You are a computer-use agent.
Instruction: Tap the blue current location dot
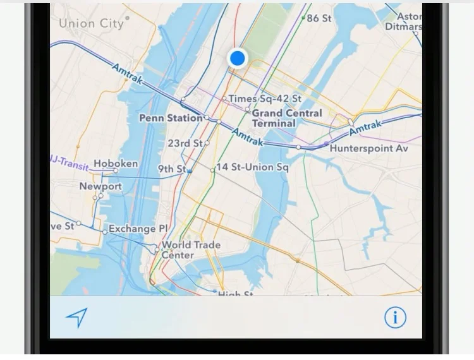[237, 58]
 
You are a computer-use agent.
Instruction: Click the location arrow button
[76, 318]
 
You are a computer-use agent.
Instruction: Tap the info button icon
[396, 317]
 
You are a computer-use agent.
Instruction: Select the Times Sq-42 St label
[264, 99]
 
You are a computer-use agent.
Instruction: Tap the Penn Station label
[170, 118]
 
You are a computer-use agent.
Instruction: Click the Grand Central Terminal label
[287, 118]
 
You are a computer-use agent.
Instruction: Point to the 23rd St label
[185, 143]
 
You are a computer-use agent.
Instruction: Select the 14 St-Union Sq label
[252, 167]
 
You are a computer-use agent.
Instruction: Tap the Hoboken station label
[115, 164]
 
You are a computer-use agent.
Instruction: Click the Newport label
[100, 186]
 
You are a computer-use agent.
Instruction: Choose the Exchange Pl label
[138, 229]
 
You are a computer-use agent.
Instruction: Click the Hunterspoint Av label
[369, 148]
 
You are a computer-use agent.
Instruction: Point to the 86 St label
[319, 18]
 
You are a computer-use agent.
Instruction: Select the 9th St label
[171, 169]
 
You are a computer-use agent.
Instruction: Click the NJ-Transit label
[69, 160]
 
